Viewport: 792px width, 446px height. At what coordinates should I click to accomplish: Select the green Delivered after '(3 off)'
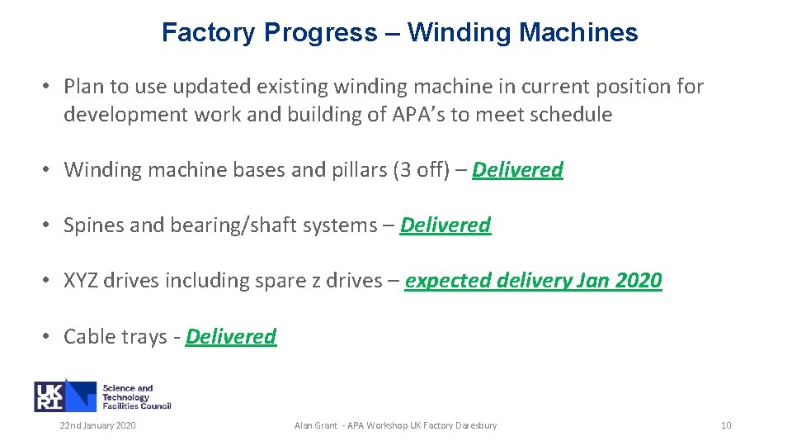coord(517,170)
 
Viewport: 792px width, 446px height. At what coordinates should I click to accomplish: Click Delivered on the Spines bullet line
coord(445,225)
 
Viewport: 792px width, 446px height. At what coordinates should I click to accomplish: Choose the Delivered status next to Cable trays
coord(231,337)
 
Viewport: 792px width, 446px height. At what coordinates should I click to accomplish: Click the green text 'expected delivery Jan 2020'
coord(533,281)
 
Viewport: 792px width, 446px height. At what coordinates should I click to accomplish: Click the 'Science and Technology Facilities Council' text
coord(136,397)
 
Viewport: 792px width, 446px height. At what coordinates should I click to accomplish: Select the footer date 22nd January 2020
coord(97,425)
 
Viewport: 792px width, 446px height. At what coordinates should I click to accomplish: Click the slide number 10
coord(726,425)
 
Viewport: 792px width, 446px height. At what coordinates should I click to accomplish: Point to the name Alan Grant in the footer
coord(317,425)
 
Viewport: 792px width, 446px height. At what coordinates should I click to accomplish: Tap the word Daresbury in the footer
coord(476,425)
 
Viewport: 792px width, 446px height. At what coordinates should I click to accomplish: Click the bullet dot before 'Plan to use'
coord(49,87)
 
